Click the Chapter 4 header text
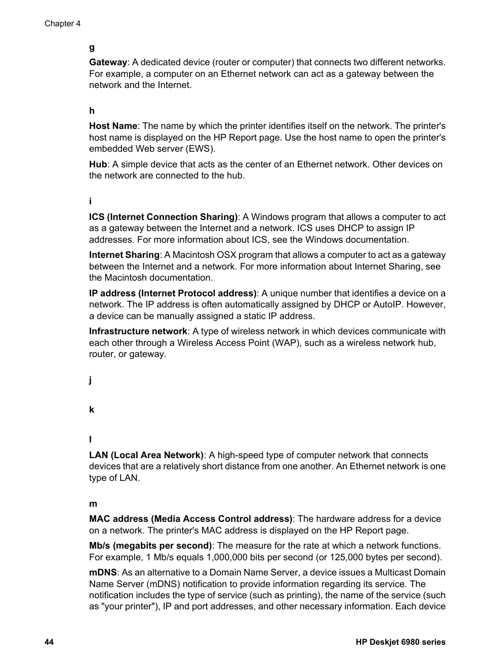62,24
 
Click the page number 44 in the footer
49,642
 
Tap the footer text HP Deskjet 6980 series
400,642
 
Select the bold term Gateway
108,62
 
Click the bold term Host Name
113,126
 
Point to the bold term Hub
98,164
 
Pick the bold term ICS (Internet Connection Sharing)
163,217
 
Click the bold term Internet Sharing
124,255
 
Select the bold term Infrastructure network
138,331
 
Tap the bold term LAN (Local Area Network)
146,455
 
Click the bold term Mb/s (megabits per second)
150,546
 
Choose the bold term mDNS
103,572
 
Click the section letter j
91,380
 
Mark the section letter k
92,410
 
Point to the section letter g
92,48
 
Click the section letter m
93,504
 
